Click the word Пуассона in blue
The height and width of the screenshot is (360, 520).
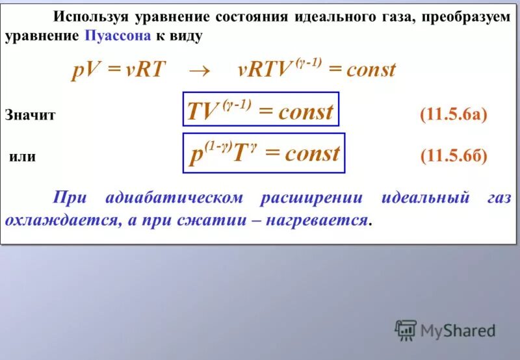click(x=115, y=36)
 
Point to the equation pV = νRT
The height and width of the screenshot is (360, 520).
click(x=118, y=70)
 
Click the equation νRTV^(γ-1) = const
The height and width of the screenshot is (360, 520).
click(x=316, y=70)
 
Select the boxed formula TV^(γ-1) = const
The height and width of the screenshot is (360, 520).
click(x=260, y=112)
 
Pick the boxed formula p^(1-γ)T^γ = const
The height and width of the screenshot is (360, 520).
click(x=264, y=153)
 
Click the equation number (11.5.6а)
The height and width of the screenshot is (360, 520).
click(x=453, y=115)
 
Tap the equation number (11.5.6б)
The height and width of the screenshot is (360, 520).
click(x=453, y=157)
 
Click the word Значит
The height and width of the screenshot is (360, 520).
click(x=31, y=116)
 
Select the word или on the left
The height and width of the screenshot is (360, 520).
click(x=22, y=157)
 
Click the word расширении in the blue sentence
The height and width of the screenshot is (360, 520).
click(x=311, y=198)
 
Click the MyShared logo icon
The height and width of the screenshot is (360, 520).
click(x=405, y=330)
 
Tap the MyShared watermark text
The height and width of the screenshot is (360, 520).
click(x=458, y=331)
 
